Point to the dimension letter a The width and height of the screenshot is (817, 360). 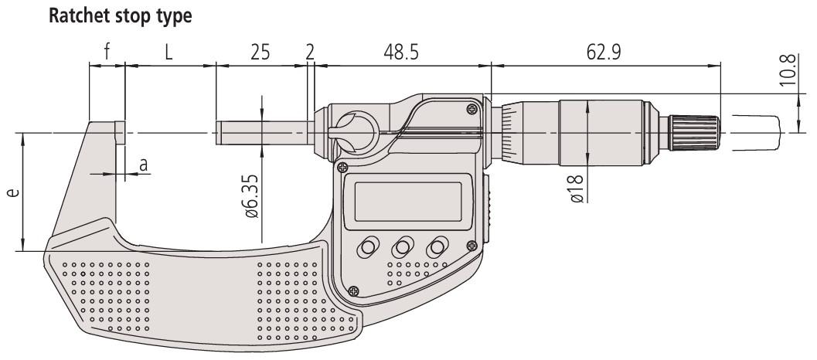click(142, 165)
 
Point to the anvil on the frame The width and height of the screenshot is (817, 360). click(119, 132)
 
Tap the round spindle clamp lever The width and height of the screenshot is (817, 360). click(353, 128)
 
